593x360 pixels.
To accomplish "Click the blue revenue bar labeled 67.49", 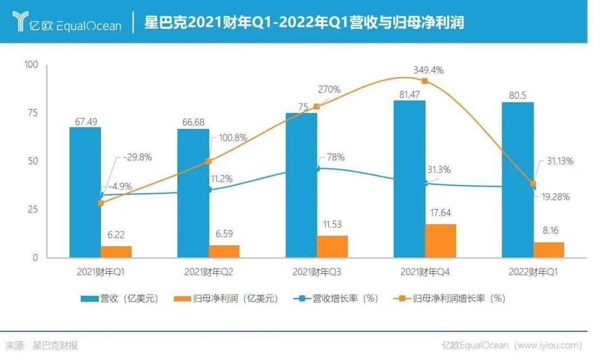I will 85,192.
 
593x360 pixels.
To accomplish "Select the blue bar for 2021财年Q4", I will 409,178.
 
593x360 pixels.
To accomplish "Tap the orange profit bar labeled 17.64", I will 440,241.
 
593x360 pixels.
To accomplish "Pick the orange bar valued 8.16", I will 549,250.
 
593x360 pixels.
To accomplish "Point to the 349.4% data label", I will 429,70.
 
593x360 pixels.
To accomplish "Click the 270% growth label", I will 329,89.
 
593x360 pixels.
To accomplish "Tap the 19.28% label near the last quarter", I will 556,196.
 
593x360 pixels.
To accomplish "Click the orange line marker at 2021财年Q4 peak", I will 424,81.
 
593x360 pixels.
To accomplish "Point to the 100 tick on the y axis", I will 31,65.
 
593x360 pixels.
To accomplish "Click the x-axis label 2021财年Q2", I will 209,272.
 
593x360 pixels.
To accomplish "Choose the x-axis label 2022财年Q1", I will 533,272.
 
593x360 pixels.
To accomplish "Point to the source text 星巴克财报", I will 55,345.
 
